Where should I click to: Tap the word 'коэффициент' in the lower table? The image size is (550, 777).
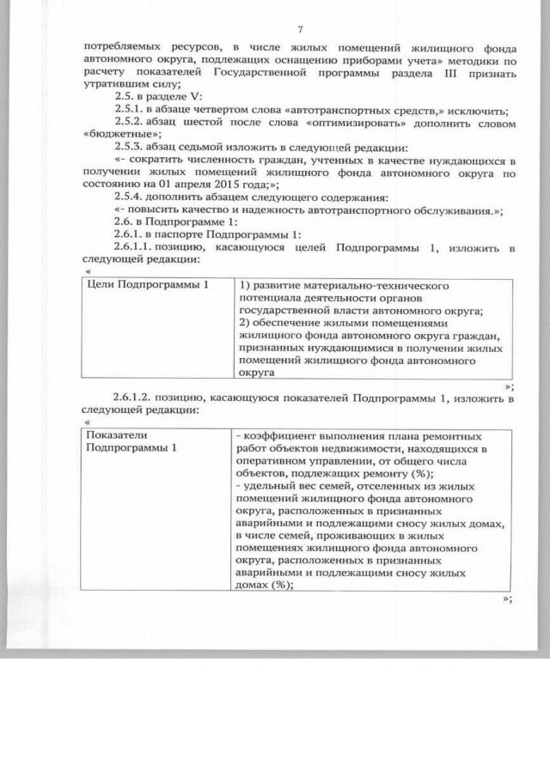[x=280, y=436]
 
